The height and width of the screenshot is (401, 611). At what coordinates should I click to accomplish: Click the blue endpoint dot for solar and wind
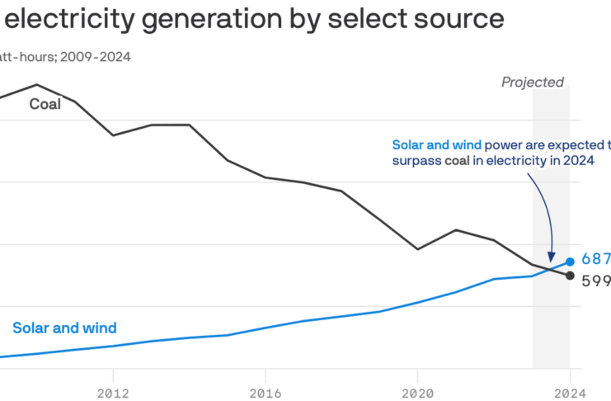pos(569,262)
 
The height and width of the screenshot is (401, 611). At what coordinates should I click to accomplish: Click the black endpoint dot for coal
pos(569,275)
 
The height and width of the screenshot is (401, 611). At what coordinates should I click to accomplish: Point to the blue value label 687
pos(595,259)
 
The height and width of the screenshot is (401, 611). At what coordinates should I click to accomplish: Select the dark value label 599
pos(595,281)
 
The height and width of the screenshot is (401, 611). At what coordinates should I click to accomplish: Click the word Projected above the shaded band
pos(533,83)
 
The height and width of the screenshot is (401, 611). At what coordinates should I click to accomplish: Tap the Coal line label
pos(45,105)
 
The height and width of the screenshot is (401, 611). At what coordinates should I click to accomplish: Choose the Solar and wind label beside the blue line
pos(64,328)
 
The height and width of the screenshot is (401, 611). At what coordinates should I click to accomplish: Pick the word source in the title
pos(463,18)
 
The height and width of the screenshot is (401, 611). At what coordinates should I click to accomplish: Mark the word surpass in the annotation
pos(417,161)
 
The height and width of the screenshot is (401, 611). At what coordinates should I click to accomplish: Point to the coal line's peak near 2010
pos(36,84)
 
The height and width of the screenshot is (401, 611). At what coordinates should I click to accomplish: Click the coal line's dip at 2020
pos(417,249)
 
